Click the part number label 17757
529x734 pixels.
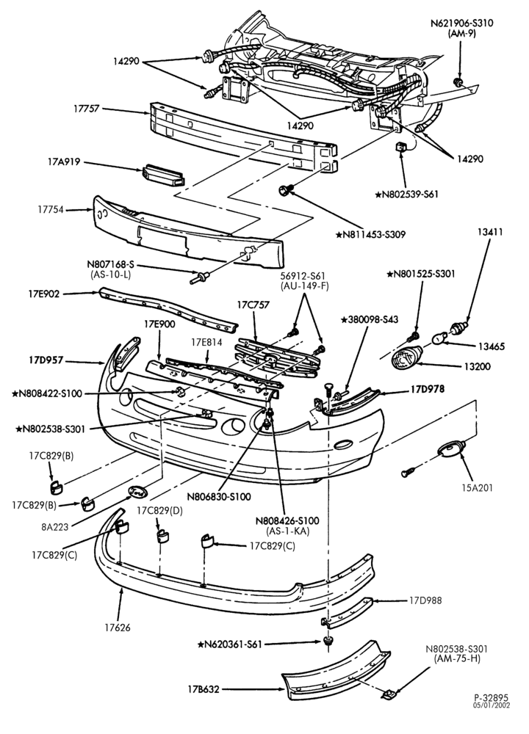(86, 109)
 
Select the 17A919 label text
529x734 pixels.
(64, 162)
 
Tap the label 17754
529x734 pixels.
(51, 210)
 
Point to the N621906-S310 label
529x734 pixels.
(461, 23)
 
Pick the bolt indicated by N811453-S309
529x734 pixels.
(285, 189)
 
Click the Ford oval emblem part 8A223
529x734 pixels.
(137, 492)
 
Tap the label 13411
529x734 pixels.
(490, 231)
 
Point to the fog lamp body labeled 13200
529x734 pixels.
(406, 358)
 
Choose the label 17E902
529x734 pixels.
(43, 294)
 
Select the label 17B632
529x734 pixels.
(204, 689)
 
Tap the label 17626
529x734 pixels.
(118, 628)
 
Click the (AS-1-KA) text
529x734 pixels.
(287, 531)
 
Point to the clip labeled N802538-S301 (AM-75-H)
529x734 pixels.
(389, 694)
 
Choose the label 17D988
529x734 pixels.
(425, 600)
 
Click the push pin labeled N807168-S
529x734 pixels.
(198, 277)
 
